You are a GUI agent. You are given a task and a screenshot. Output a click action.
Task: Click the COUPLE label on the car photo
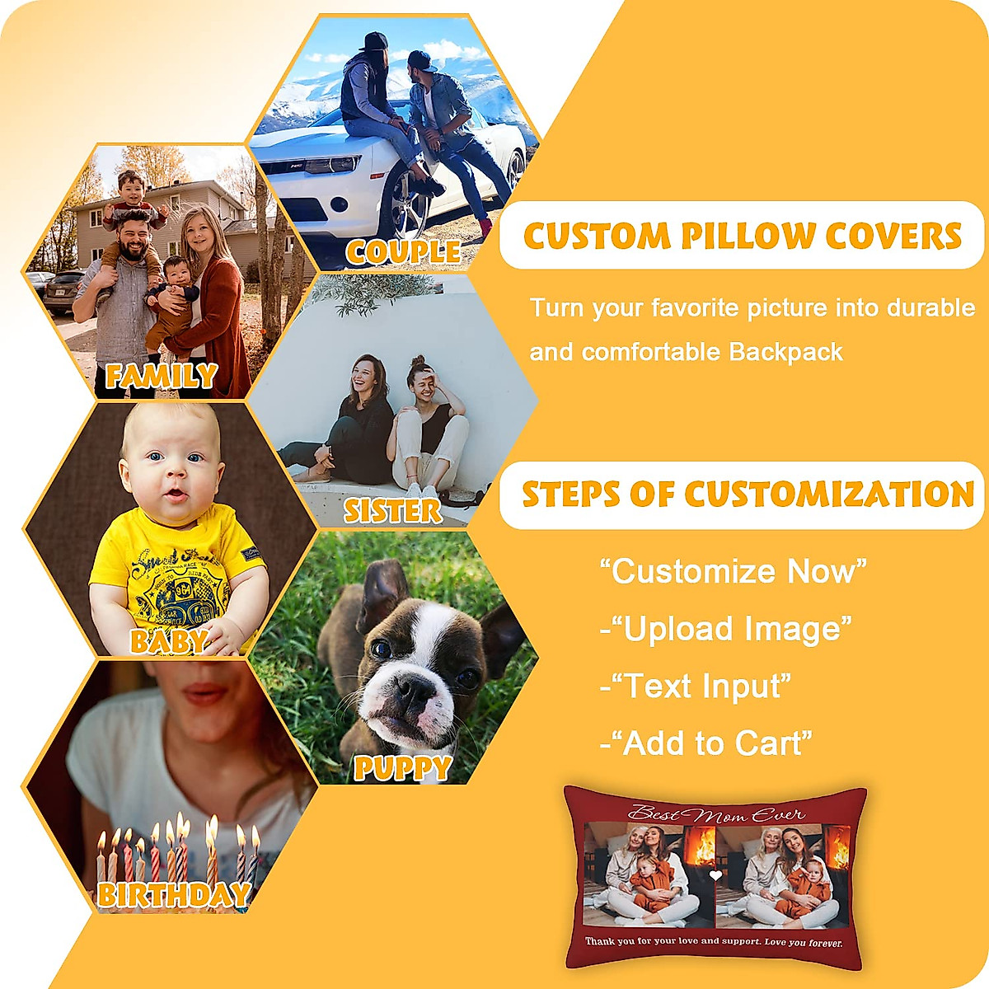(x=403, y=251)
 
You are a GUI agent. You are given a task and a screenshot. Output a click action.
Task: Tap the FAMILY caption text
(x=161, y=377)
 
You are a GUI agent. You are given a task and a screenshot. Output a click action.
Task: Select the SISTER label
(x=392, y=511)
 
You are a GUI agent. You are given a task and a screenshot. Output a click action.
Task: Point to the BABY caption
(x=168, y=641)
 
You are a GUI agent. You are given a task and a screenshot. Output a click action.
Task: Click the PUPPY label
(x=403, y=768)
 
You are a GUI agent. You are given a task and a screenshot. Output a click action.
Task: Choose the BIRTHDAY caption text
(x=173, y=894)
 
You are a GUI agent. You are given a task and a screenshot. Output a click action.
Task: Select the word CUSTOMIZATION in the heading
(x=829, y=494)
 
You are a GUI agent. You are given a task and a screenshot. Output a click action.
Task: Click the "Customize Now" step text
(x=733, y=570)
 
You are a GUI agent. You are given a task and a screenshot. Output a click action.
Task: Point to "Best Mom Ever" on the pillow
(x=715, y=814)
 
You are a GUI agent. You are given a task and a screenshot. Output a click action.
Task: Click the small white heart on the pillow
(x=715, y=875)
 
